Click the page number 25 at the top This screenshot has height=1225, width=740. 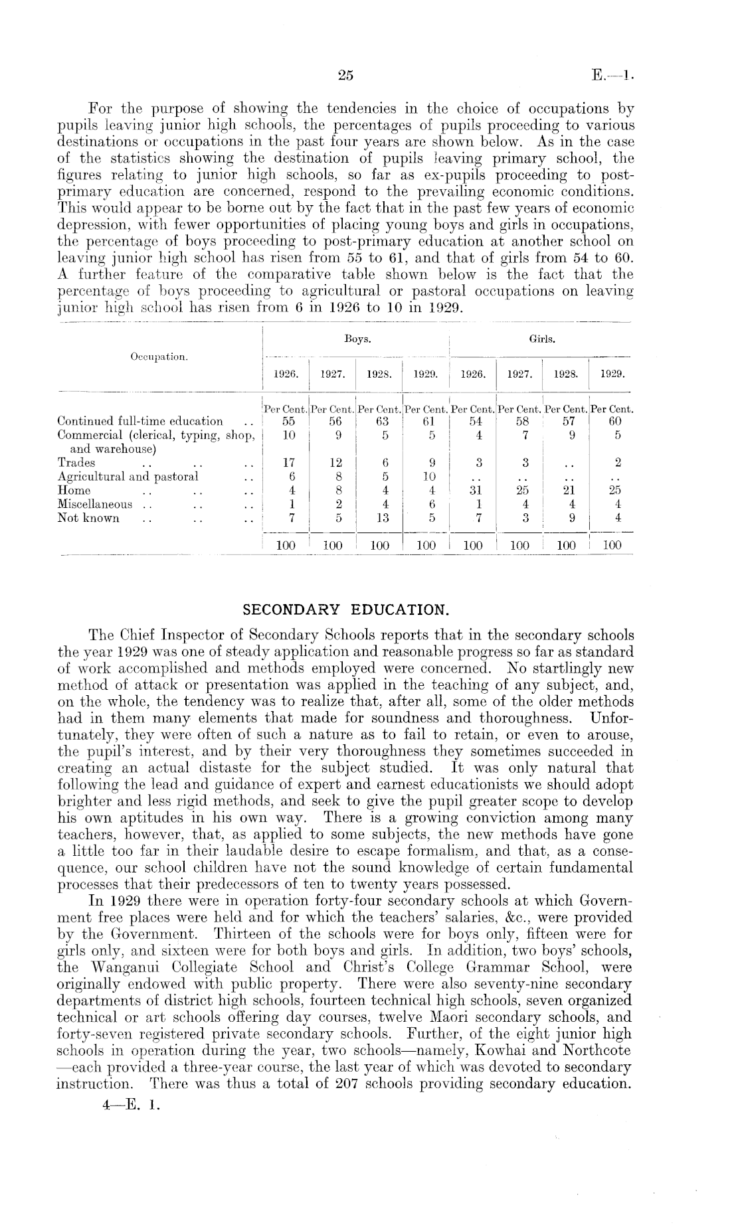[345, 76]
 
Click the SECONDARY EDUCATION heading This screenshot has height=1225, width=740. [345, 609]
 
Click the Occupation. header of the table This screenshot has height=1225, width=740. [159, 357]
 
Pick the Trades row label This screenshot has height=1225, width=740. [76, 463]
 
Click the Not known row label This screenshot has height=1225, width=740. [88, 518]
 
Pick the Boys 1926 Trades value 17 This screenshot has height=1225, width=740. [286, 463]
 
